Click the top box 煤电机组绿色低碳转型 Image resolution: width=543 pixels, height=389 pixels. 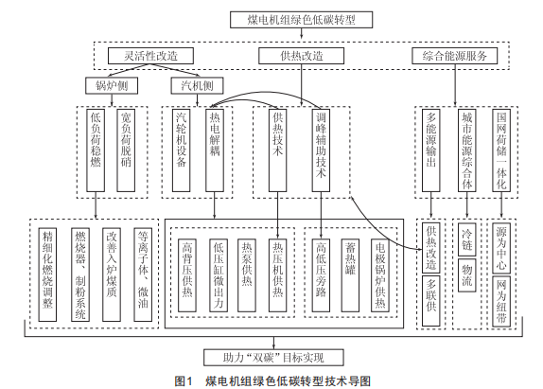(x=301, y=20)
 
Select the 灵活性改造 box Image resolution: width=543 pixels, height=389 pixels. (x=150, y=56)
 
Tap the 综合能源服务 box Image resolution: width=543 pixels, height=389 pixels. (x=455, y=56)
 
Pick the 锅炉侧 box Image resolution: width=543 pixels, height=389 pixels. (x=112, y=85)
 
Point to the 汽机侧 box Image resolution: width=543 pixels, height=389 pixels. (x=197, y=85)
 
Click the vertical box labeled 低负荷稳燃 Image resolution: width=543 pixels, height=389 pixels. (x=96, y=150)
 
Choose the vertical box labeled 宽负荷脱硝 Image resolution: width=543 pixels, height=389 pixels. (x=126, y=150)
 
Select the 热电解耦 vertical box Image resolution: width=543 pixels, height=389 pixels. (x=215, y=150)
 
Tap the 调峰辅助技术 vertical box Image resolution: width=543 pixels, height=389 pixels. (x=321, y=150)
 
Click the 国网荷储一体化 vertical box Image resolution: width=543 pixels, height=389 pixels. (x=501, y=150)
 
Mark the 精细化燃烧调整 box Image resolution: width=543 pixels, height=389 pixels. (x=47, y=274)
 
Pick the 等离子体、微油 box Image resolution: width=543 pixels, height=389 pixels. (x=143, y=274)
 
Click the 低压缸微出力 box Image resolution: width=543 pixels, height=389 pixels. (x=219, y=275)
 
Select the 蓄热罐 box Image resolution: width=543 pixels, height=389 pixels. (x=350, y=275)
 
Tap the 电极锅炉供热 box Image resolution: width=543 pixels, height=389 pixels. (x=380, y=275)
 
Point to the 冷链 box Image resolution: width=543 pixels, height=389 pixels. (x=466, y=239)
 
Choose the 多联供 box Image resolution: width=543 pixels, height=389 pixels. (x=431, y=301)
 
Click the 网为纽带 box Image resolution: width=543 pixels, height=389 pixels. (x=501, y=301)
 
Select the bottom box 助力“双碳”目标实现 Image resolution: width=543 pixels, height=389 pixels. (x=273, y=358)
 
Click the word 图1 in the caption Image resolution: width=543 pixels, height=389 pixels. (x=184, y=381)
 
